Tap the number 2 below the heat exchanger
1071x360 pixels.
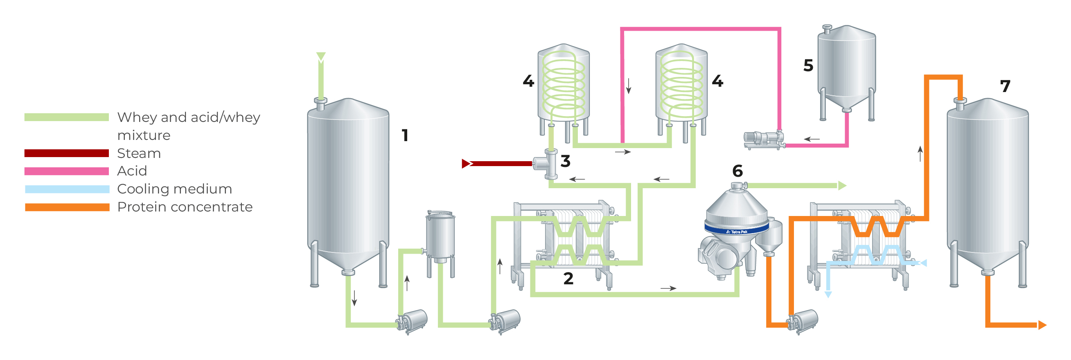[568, 279]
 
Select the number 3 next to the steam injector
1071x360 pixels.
[565, 161]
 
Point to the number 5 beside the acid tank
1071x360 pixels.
[808, 66]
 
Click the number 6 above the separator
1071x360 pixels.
[737, 171]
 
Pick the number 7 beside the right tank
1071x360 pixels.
[1005, 86]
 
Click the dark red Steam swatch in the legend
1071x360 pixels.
[67, 153]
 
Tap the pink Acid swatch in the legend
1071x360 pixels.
[67, 171]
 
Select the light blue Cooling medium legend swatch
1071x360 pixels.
[67, 189]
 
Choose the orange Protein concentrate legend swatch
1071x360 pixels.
[67, 207]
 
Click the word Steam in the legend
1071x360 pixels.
[139, 153]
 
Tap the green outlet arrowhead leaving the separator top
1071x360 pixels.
[842, 186]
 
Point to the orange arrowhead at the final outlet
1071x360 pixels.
[1042, 325]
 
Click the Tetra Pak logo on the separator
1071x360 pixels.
[737, 232]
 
